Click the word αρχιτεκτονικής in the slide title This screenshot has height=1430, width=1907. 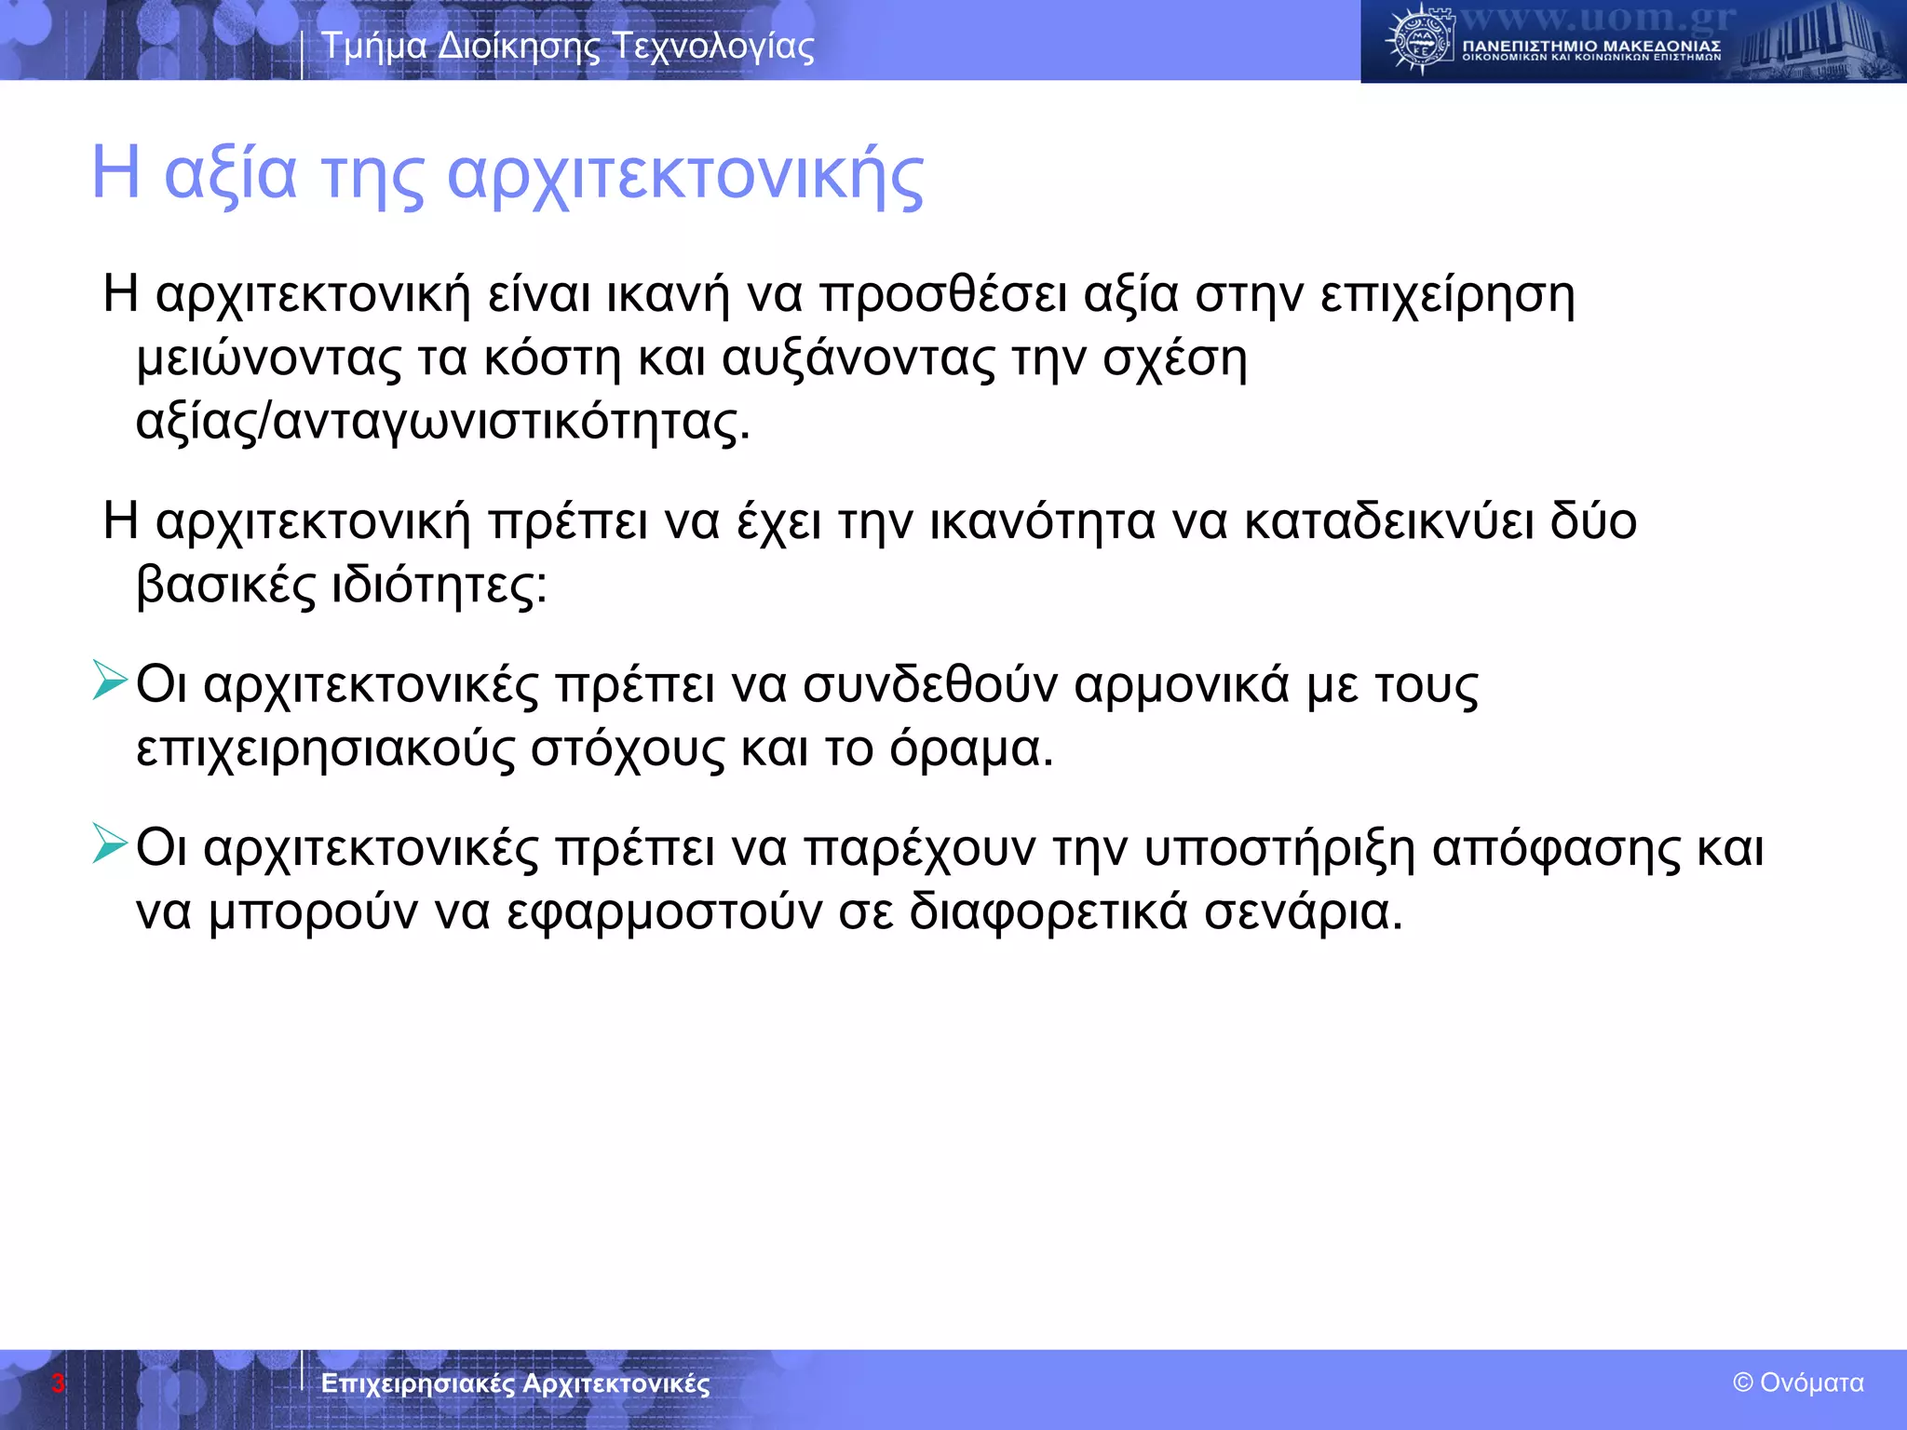pos(685,177)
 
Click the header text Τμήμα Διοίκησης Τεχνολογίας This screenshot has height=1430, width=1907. pos(567,47)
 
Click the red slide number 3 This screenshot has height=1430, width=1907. pos(58,1383)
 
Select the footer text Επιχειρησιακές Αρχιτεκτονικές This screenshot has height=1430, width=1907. pos(515,1383)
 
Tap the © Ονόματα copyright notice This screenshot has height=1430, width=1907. pos(1798,1383)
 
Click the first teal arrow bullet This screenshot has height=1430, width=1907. pos(110,681)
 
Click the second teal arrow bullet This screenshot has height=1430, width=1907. pos(110,843)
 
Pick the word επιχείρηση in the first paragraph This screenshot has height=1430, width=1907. pos(1447,296)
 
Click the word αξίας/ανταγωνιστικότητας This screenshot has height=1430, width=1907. pos(441,423)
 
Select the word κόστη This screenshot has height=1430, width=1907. pos(551,359)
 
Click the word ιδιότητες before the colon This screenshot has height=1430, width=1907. pos(433,586)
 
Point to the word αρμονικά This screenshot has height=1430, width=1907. pos(1181,685)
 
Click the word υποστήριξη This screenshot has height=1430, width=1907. pos(1278,849)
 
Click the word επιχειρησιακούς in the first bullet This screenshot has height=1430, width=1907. pos(325,750)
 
